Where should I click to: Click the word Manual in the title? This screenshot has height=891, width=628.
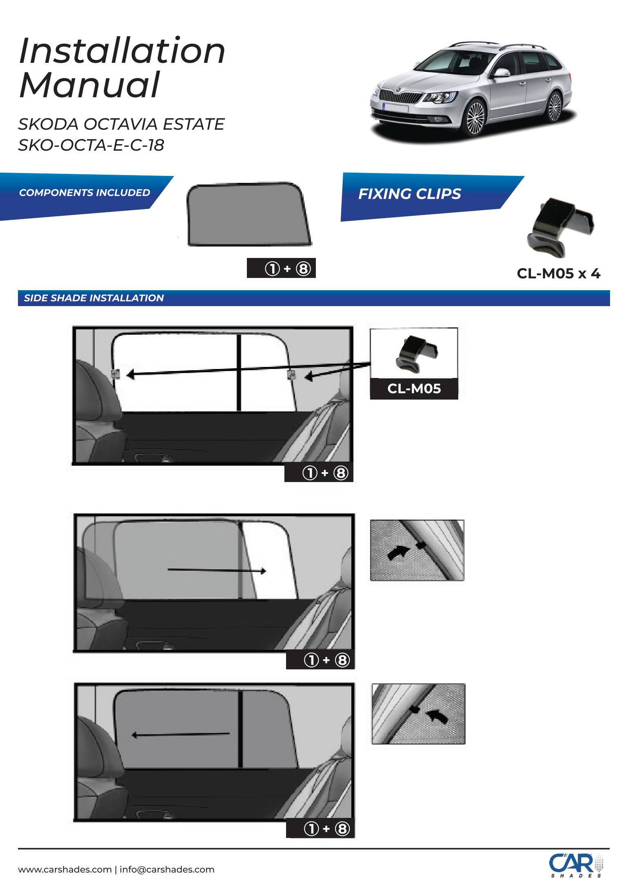pyautogui.click(x=89, y=85)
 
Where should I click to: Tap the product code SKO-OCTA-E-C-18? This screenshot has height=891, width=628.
pyautogui.click(x=91, y=145)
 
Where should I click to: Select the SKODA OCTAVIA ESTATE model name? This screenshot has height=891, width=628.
pyautogui.click(x=121, y=124)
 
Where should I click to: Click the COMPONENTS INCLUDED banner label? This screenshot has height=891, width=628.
pyautogui.click(x=84, y=193)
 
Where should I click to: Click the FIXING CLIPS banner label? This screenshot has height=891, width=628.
pyautogui.click(x=409, y=194)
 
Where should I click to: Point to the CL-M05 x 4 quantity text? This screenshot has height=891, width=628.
pyautogui.click(x=559, y=273)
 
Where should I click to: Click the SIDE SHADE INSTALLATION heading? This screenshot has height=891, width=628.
pyautogui.click(x=94, y=298)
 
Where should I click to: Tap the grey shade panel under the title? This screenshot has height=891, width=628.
pyautogui.click(x=249, y=214)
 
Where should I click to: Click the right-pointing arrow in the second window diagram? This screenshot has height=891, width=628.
pyautogui.click(x=217, y=570)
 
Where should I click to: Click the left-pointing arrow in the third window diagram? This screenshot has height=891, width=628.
pyautogui.click(x=180, y=735)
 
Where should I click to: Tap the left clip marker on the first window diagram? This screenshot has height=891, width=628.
pyautogui.click(x=115, y=373)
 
